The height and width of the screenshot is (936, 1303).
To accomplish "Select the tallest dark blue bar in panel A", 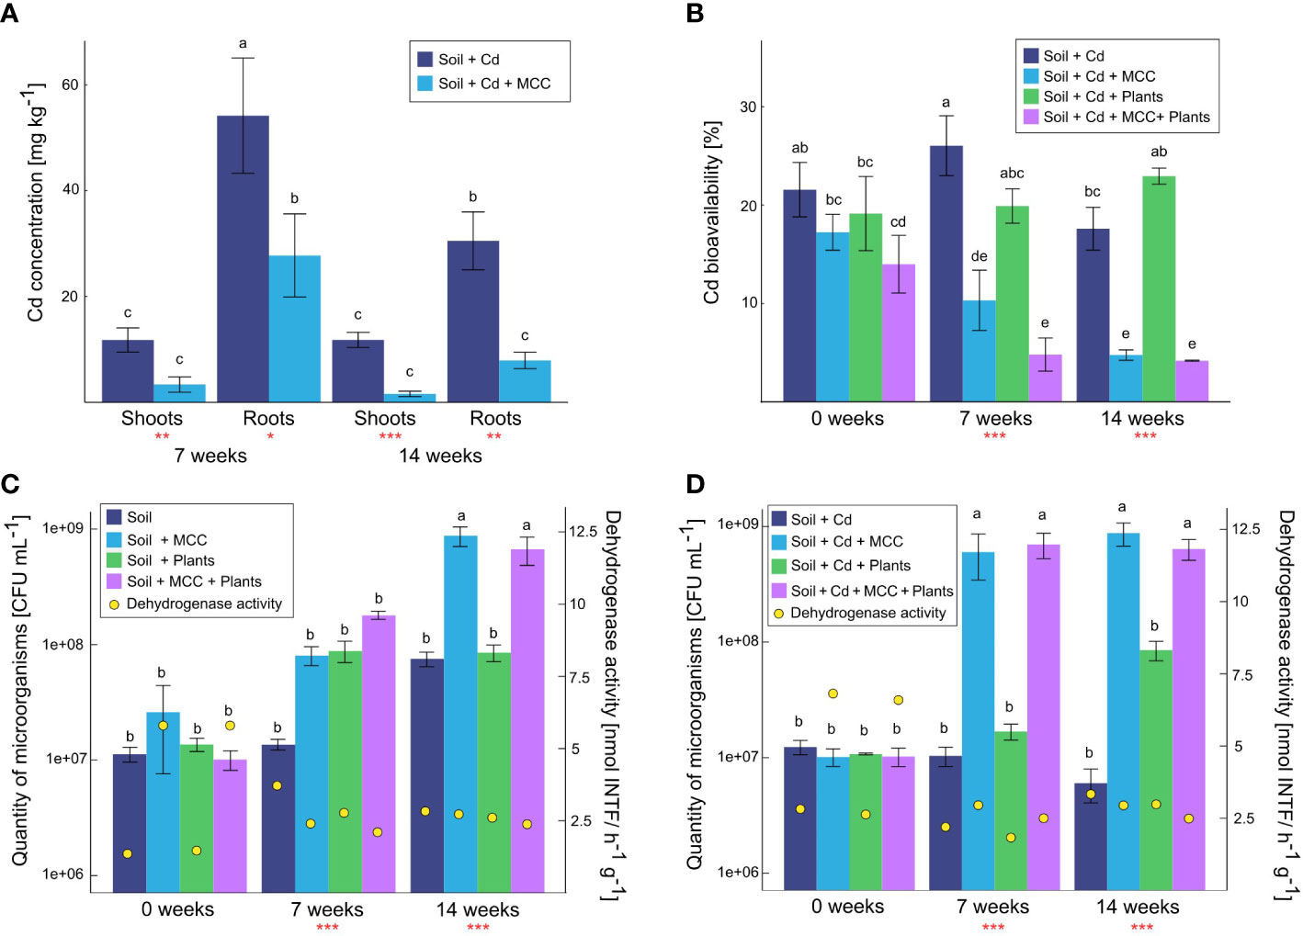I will tap(243, 258).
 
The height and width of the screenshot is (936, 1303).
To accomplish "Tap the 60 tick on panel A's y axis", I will tap(70, 85).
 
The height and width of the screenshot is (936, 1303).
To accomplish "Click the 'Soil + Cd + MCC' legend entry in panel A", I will tap(493, 84).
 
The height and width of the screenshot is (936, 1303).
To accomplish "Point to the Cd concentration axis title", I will tap(36, 202).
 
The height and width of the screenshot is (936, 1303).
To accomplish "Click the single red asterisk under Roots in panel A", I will tap(270, 436).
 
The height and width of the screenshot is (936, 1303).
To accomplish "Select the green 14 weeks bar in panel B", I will tap(1159, 288).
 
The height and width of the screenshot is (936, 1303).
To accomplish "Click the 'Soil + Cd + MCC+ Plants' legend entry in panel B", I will tap(1126, 117).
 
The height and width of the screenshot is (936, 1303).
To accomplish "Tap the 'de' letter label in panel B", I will tap(979, 256).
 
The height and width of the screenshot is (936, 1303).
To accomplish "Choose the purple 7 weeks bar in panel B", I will tap(1045, 378).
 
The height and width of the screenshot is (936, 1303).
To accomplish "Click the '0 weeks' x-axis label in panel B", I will tap(846, 419).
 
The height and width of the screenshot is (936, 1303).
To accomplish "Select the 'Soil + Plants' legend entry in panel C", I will tap(170, 560).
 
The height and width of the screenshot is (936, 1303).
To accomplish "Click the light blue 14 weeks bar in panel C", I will tap(460, 713).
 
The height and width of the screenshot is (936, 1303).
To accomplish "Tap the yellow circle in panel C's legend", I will tap(114, 604).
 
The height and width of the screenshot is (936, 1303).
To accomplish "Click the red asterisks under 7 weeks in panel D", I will tap(992, 927).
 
